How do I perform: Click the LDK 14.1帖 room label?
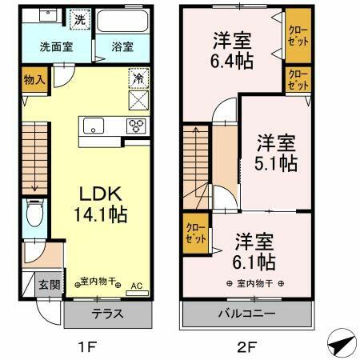pyautogui.click(x=101, y=203)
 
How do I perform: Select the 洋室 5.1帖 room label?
pyautogui.click(x=277, y=153)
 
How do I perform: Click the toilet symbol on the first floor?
pyautogui.click(x=34, y=214)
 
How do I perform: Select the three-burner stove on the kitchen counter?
pyautogui.click(x=137, y=125)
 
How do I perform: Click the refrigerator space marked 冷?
pyautogui.click(x=137, y=80)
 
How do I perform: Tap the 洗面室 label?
pyautogui.click(x=55, y=46)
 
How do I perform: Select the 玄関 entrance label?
pyautogui.click(x=46, y=284)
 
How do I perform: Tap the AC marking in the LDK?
pyautogui.click(x=135, y=285)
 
